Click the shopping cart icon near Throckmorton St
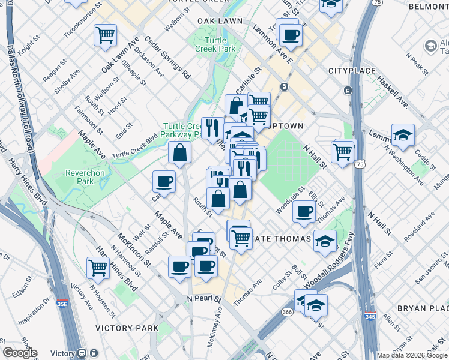click(x=106, y=35)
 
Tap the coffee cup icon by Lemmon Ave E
click(x=291, y=35)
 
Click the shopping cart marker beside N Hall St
click(x=343, y=151)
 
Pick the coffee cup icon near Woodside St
click(x=304, y=211)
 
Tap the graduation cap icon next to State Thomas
click(x=325, y=241)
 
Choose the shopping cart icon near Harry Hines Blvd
click(x=98, y=268)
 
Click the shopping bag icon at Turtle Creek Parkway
click(x=179, y=152)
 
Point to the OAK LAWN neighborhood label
click(x=220, y=21)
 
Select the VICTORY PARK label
click(x=127, y=328)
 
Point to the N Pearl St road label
click(x=204, y=298)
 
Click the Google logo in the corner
click(x=20, y=353)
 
